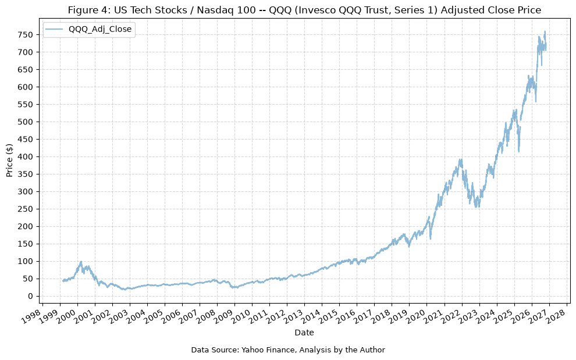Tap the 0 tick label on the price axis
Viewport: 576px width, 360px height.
[31, 296]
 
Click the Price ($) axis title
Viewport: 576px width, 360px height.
[9, 160]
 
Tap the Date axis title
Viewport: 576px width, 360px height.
[304, 333]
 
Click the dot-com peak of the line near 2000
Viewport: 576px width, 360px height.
[81, 262]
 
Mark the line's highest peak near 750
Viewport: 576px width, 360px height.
[545, 31]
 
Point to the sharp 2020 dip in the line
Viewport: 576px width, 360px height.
[430, 239]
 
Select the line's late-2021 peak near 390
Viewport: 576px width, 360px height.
[461, 159]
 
